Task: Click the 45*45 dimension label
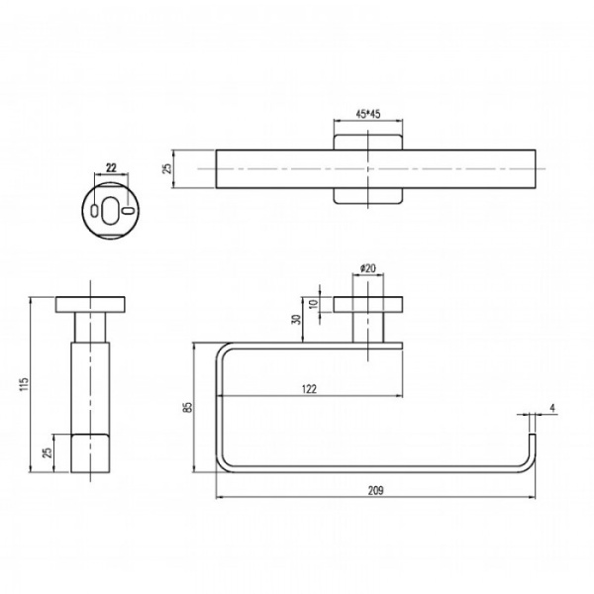[368, 114]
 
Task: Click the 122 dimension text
[308, 390]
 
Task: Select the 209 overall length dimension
[375, 490]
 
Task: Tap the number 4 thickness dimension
[551, 406]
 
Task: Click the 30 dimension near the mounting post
[295, 320]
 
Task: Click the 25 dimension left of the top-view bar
[168, 168]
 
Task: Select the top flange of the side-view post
[89, 303]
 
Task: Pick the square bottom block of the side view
[89, 453]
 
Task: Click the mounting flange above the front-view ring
[369, 303]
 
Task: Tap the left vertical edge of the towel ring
[218, 406]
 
